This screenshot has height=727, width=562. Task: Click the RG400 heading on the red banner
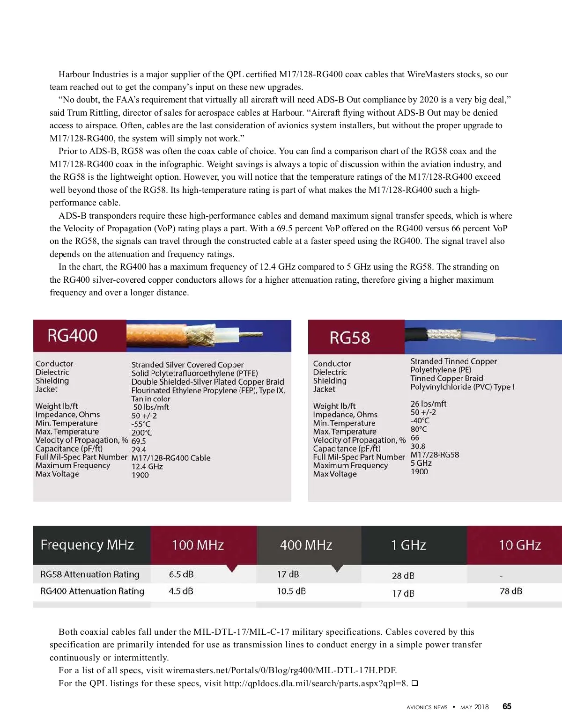point(72,336)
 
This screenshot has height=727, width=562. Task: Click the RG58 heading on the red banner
point(349,338)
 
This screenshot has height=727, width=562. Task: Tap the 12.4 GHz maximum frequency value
point(147,467)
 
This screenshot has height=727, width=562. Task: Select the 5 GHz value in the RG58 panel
point(421,463)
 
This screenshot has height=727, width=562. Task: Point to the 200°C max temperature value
point(141,433)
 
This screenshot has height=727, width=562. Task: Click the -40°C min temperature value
point(420,420)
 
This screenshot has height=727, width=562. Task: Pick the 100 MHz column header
point(198,545)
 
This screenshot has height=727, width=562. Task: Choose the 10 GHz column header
point(519,545)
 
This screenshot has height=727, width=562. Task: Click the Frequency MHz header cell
point(87,545)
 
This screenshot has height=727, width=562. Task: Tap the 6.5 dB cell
point(181,574)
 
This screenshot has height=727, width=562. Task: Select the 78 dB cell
point(511,591)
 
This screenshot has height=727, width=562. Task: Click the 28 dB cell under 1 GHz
point(403,576)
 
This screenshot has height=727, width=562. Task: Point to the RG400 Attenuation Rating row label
point(92,591)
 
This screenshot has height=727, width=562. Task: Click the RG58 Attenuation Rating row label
point(90,574)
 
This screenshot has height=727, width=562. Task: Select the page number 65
point(507,706)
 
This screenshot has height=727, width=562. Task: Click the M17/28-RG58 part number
point(435,455)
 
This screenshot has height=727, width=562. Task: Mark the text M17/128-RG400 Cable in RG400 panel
point(171,458)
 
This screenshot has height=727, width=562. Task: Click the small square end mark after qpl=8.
point(414,683)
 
